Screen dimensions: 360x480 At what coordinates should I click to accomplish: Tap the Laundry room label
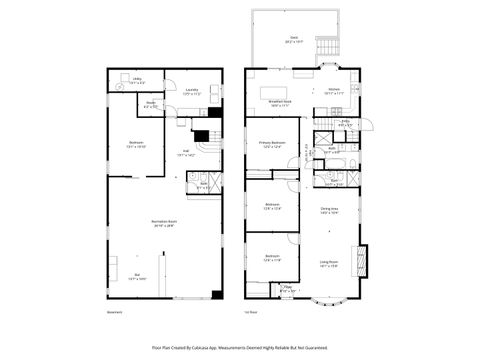tap(191, 91)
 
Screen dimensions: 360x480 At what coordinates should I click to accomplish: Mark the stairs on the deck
tap(326, 51)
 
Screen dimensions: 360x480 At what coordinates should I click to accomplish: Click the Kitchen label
tap(335, 91)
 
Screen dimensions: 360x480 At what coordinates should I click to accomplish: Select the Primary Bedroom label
tap(273, 144)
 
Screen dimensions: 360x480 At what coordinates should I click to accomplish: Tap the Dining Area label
tap(328, 210)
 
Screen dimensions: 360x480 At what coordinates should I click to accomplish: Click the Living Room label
tap(328, 264)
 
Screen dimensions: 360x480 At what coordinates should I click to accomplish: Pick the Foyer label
tap(288, 289)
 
